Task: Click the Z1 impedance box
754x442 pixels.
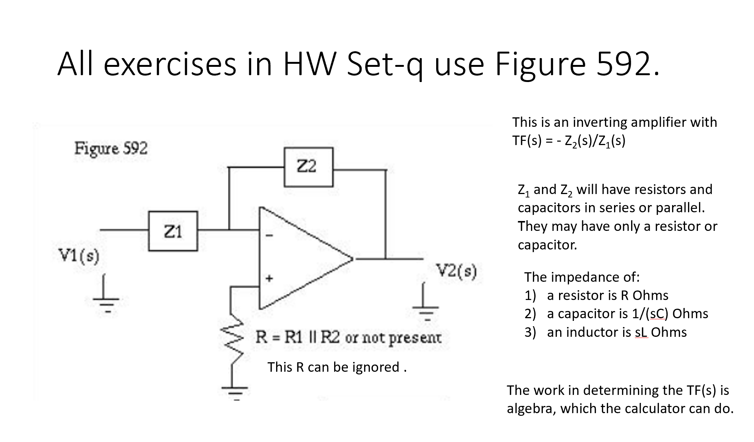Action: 173,231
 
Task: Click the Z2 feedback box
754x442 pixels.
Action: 308,167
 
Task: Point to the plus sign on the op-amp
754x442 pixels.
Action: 269,278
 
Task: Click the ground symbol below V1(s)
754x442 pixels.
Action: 107,300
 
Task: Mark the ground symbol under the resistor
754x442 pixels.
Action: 235,391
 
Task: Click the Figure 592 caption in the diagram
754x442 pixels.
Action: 111,148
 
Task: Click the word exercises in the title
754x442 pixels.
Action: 170,63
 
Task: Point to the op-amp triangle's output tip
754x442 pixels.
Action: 352,259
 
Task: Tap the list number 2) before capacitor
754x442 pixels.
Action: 530,314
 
